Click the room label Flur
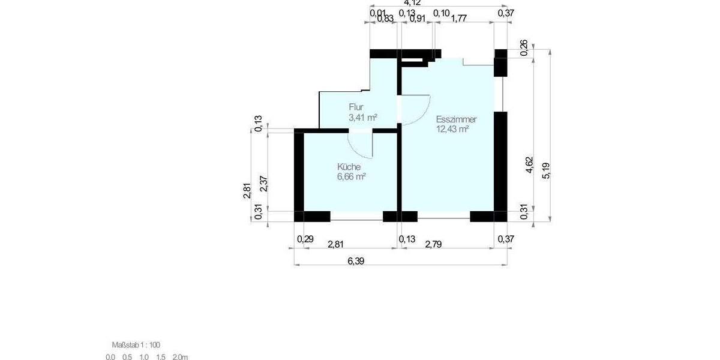coord(356,107)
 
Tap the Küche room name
coord(349,166)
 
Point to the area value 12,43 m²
coord(452,128)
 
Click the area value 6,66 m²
coord(352,176)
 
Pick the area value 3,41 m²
coord(362,117)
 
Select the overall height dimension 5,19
coord(545,171)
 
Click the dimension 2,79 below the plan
coord(436,244)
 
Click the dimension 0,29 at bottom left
coord(305,239)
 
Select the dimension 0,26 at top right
coord(524,48)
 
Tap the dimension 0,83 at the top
coord(385,18)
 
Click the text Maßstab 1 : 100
coord(136,344)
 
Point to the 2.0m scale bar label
coord(179,357)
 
